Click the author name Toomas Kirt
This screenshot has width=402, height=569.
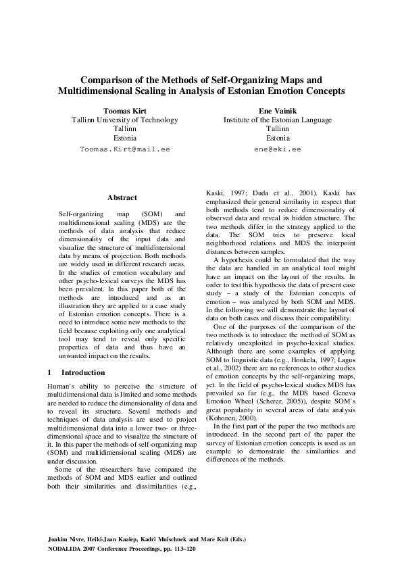click(125, 109)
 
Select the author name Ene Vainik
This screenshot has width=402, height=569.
click(278, 109)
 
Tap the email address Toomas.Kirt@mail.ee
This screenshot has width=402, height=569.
click(125, 147)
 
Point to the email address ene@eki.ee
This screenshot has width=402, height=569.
click(278, 147)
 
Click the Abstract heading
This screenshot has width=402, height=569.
click(122, 197)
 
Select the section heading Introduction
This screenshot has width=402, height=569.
click(83, 372)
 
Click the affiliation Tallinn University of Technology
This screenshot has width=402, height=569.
click(125, 119)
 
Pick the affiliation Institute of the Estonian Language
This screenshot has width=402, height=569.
click(278, 119)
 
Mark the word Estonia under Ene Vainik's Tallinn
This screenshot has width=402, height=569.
click(278, 138)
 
